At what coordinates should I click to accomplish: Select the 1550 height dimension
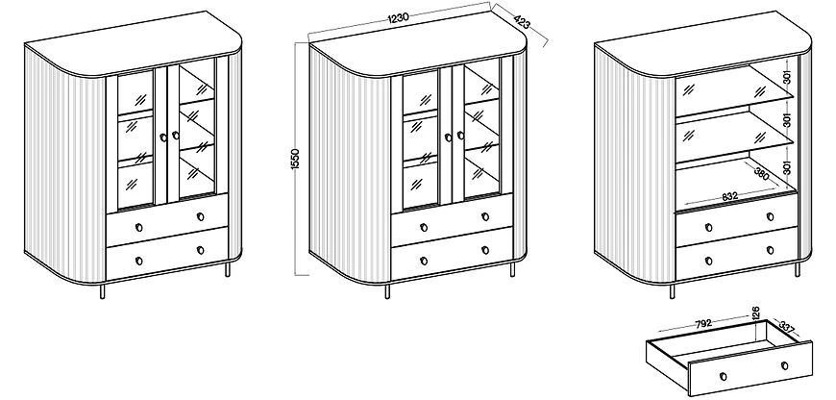(x=296, y=161)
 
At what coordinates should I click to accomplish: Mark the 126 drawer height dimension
(x=755, y=312)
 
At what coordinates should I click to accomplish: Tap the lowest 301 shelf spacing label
(x=786, y=168)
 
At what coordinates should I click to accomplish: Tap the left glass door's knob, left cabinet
(x=162, y=135)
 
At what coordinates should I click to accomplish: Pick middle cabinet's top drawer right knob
(x=485, y=215)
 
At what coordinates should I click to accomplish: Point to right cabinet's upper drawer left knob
(x=709, y=228)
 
